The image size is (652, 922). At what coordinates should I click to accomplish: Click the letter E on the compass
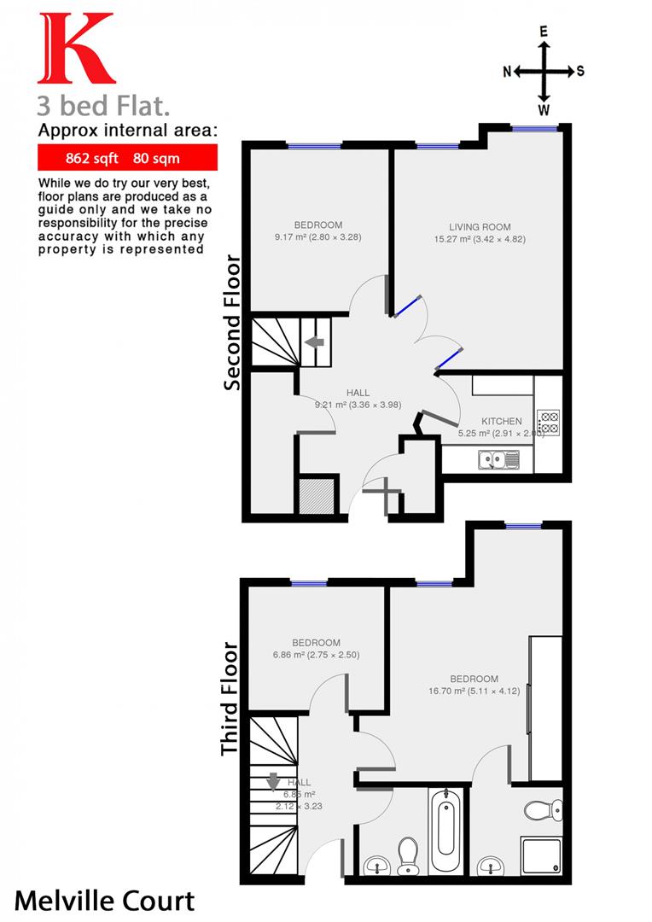point(544,32)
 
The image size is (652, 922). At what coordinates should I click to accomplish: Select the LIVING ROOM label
point(480,227)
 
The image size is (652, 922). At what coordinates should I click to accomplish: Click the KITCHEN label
point(501,422)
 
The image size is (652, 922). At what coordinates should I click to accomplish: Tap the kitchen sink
point(498,460)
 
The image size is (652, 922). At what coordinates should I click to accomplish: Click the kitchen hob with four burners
point(547,422)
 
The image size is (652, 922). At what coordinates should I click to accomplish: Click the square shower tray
point(542,855)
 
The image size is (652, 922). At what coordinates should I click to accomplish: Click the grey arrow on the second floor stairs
point(314,342)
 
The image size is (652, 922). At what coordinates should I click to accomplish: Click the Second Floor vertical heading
point(232,322)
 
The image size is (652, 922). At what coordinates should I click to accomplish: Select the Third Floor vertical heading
point(229,698)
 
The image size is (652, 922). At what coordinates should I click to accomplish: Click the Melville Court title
point(104,900)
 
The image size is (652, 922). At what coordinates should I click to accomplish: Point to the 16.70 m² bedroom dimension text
point(474,692)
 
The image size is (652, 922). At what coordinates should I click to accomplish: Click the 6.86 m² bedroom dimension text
point(316,656)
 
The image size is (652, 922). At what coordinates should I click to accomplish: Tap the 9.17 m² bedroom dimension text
point(318,237)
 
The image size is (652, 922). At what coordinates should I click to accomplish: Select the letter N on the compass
point(506,72)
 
